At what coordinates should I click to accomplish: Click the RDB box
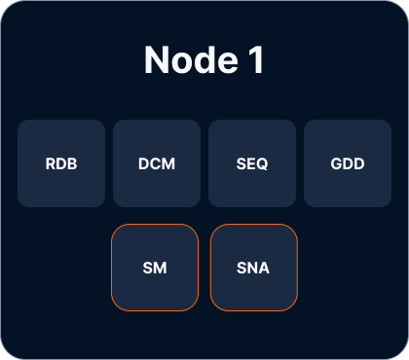(61, 163)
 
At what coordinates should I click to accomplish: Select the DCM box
(157, 163)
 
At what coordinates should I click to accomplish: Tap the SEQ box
(252, 163)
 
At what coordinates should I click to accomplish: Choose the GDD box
(348, 163)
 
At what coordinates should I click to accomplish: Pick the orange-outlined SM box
(155, 268)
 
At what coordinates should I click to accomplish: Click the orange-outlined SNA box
(254, 268)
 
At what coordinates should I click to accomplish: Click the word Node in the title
(192, 60)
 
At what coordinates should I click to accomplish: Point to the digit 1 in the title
(256, 60)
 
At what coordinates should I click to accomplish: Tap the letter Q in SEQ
(262, 164)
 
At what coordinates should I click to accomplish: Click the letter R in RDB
(51, 163)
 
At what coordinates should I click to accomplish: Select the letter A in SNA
(264, 268)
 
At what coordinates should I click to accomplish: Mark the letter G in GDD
(337, 163)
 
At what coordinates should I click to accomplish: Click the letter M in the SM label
(161, 268)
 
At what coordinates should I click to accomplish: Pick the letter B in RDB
(72, 163)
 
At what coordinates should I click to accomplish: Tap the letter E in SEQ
(250, 163)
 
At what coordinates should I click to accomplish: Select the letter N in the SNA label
(252, 268)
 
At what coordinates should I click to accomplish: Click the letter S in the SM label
(148, 268)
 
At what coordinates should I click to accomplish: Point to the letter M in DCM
(168, 163)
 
